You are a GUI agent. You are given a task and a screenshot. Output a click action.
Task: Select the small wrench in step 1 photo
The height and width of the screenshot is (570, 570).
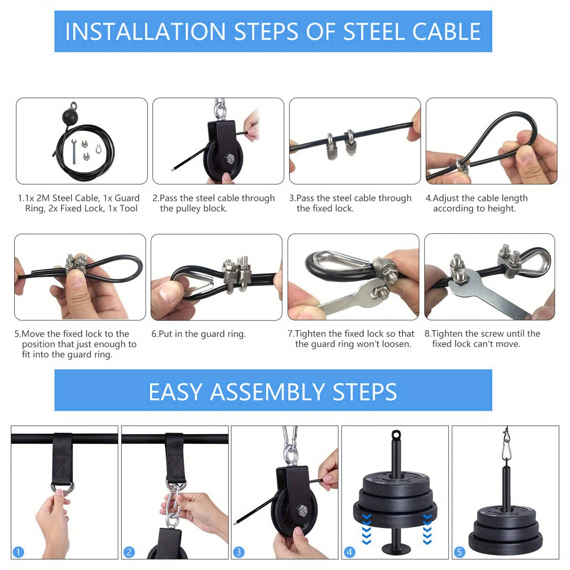tap(74, 152)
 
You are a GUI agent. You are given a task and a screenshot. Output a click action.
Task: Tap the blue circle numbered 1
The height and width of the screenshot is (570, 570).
tap(18, 552)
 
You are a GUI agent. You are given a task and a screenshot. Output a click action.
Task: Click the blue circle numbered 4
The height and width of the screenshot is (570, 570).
tap(349, 552)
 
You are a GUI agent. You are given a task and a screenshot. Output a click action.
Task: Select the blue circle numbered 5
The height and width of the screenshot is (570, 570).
tap(459, 552)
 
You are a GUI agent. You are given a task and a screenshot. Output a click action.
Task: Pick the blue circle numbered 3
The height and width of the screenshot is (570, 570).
tap(239, 552)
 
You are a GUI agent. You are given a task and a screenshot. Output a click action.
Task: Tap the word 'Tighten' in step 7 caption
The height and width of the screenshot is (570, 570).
tap(311, 334)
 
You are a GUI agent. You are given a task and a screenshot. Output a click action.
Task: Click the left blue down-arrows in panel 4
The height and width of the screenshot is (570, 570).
tap(366, 529)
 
